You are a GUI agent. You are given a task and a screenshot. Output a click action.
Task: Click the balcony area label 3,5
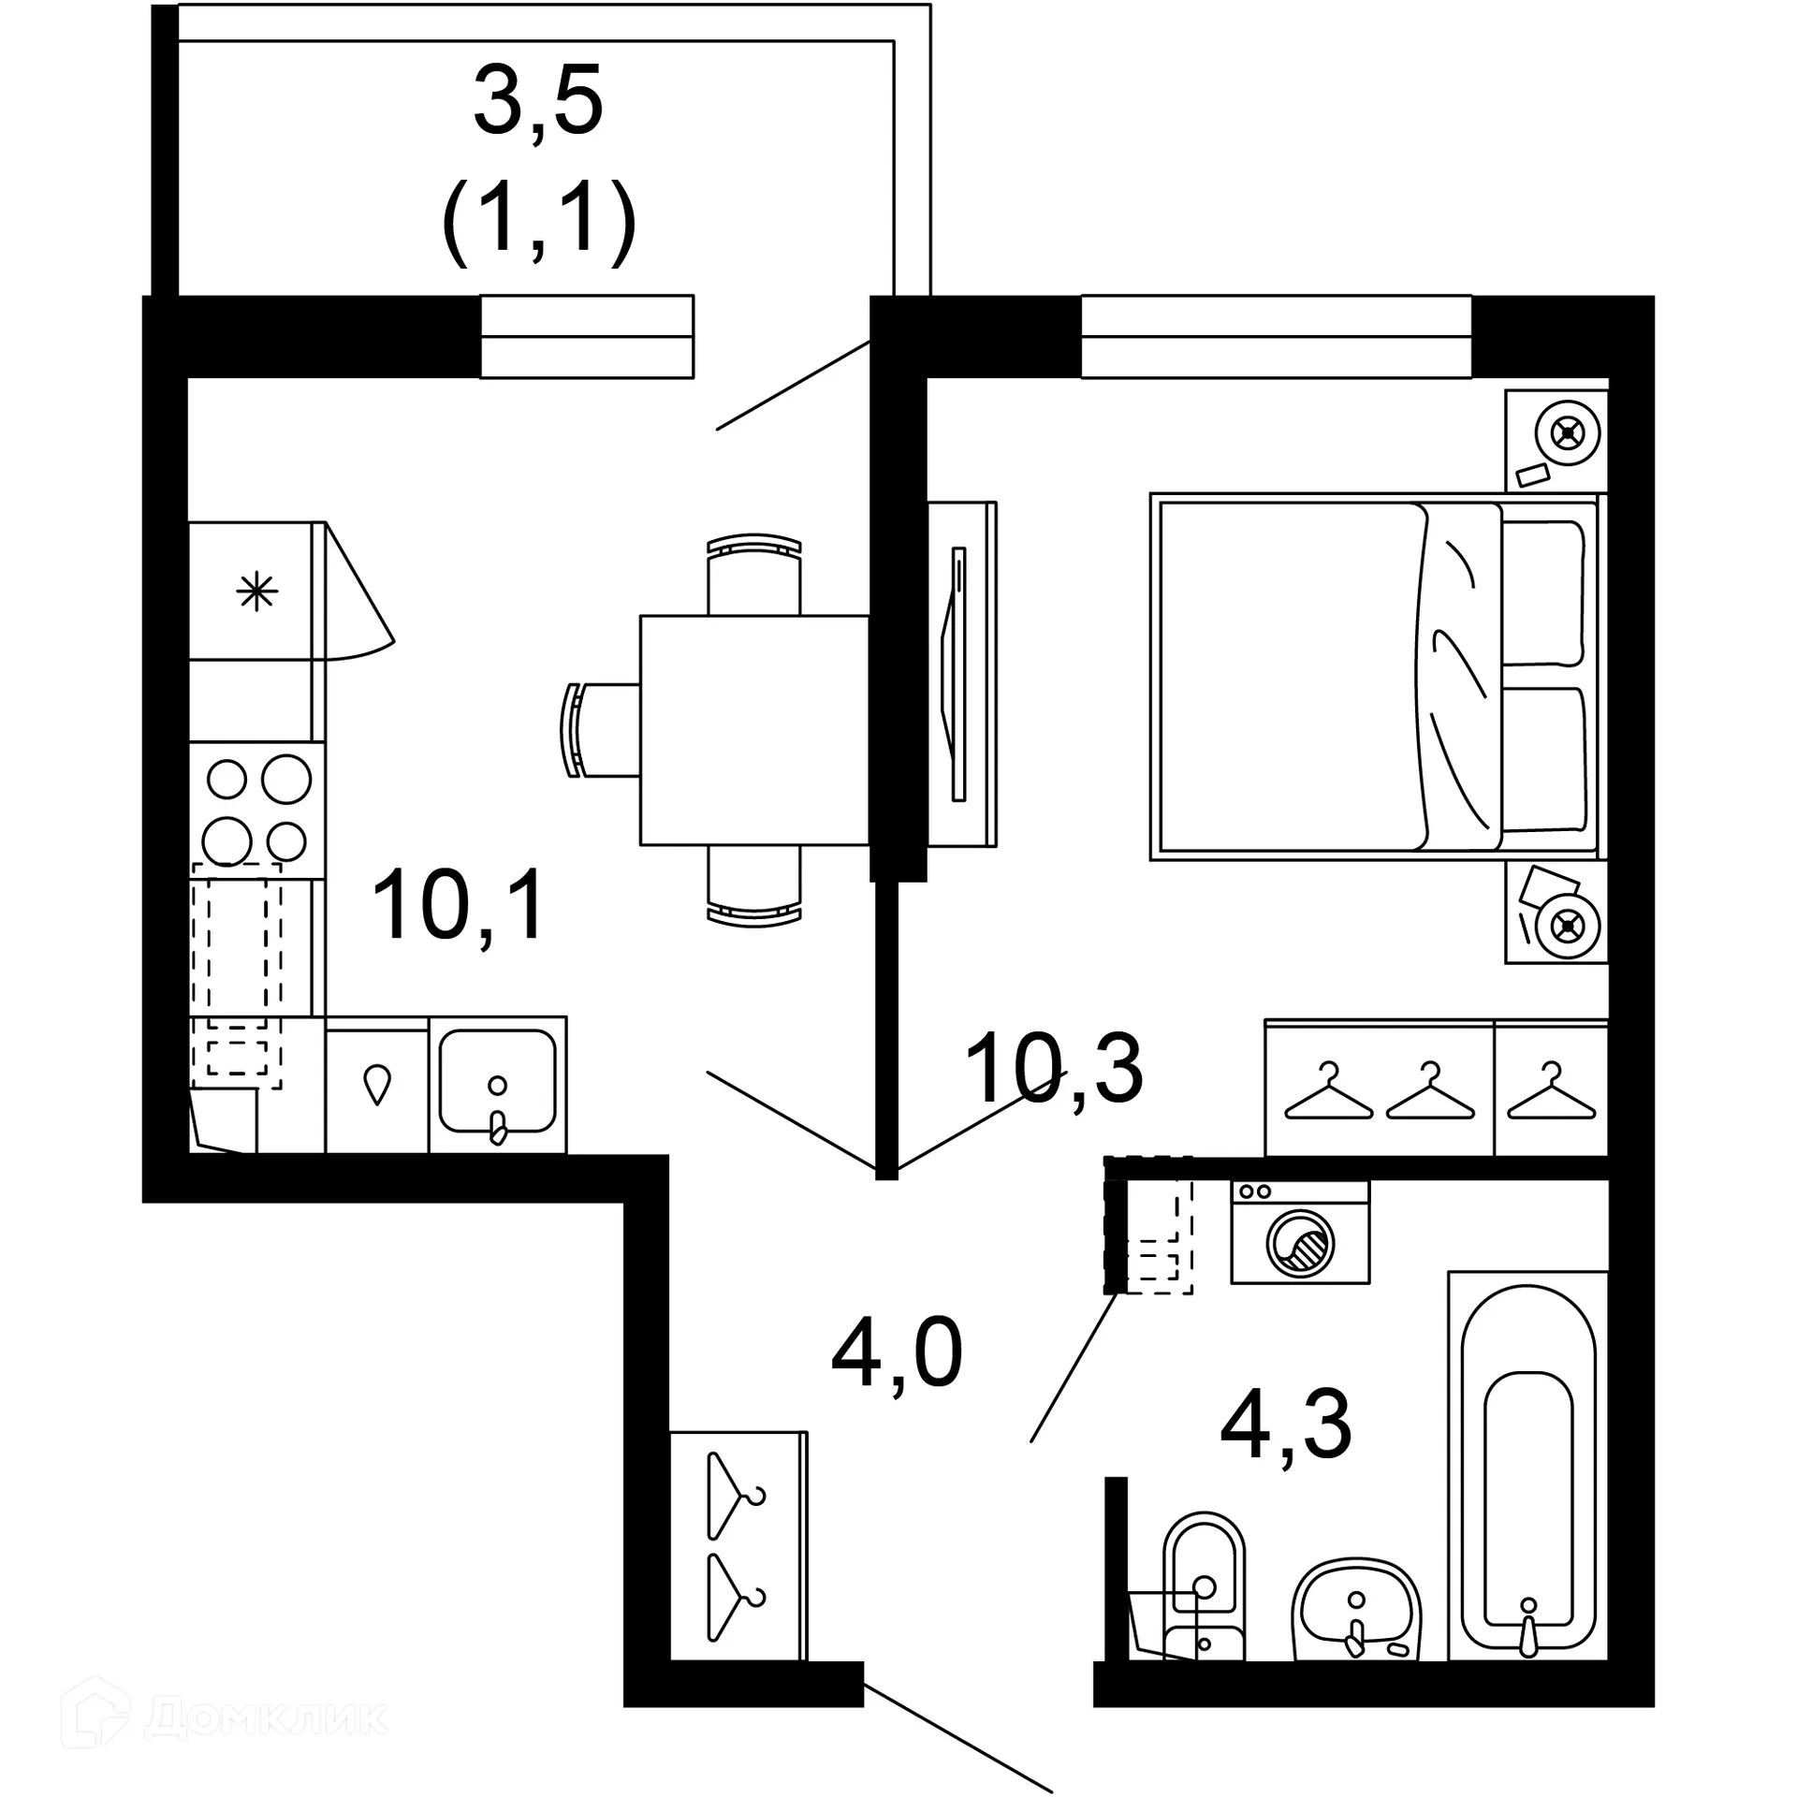tap(537, 101)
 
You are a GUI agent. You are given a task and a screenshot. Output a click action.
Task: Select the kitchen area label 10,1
tap(458, 905)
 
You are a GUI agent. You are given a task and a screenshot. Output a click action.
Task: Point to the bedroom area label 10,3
tap(1053, 1068)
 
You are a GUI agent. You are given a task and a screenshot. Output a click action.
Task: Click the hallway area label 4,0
tap(896, 1353)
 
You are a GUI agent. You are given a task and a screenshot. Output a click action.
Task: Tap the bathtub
tap(1527, 1477)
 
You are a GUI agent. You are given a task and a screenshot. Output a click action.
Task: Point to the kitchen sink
tap(497, 1083)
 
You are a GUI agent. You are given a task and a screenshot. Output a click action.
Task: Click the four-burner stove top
tap(257, 809)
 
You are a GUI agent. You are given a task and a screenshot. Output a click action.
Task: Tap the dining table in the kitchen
tap(754, 730)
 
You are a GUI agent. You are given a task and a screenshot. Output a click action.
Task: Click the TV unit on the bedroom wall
tap(961, 674)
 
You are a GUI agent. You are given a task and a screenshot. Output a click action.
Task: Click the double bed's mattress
tap(1292, 676)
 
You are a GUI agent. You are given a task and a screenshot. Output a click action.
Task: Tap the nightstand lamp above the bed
tap(1566, 433)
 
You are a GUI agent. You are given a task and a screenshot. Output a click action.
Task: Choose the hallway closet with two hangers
tap(738, 1544)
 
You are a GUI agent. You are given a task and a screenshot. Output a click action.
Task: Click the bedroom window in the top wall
tap(1276, 337)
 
